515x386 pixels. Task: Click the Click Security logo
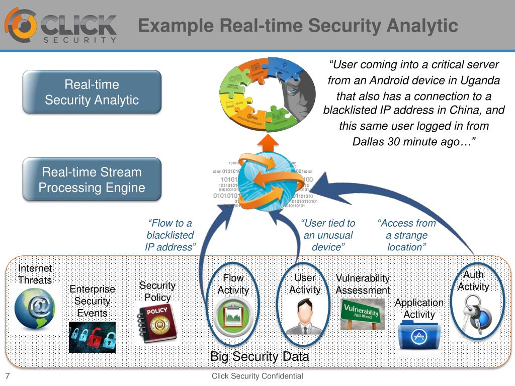(61, 25)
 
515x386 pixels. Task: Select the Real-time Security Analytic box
(92, 92)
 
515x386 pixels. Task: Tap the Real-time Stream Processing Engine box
(92, 180)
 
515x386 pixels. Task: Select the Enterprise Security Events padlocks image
(92, 337)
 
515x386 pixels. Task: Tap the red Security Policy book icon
(156, 324)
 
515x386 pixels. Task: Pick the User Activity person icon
(304, 317)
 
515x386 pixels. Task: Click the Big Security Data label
(260, 357)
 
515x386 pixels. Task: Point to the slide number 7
(8, 376)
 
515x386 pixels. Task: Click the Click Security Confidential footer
(257, 376)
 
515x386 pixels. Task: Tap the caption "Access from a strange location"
(407, 235)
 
